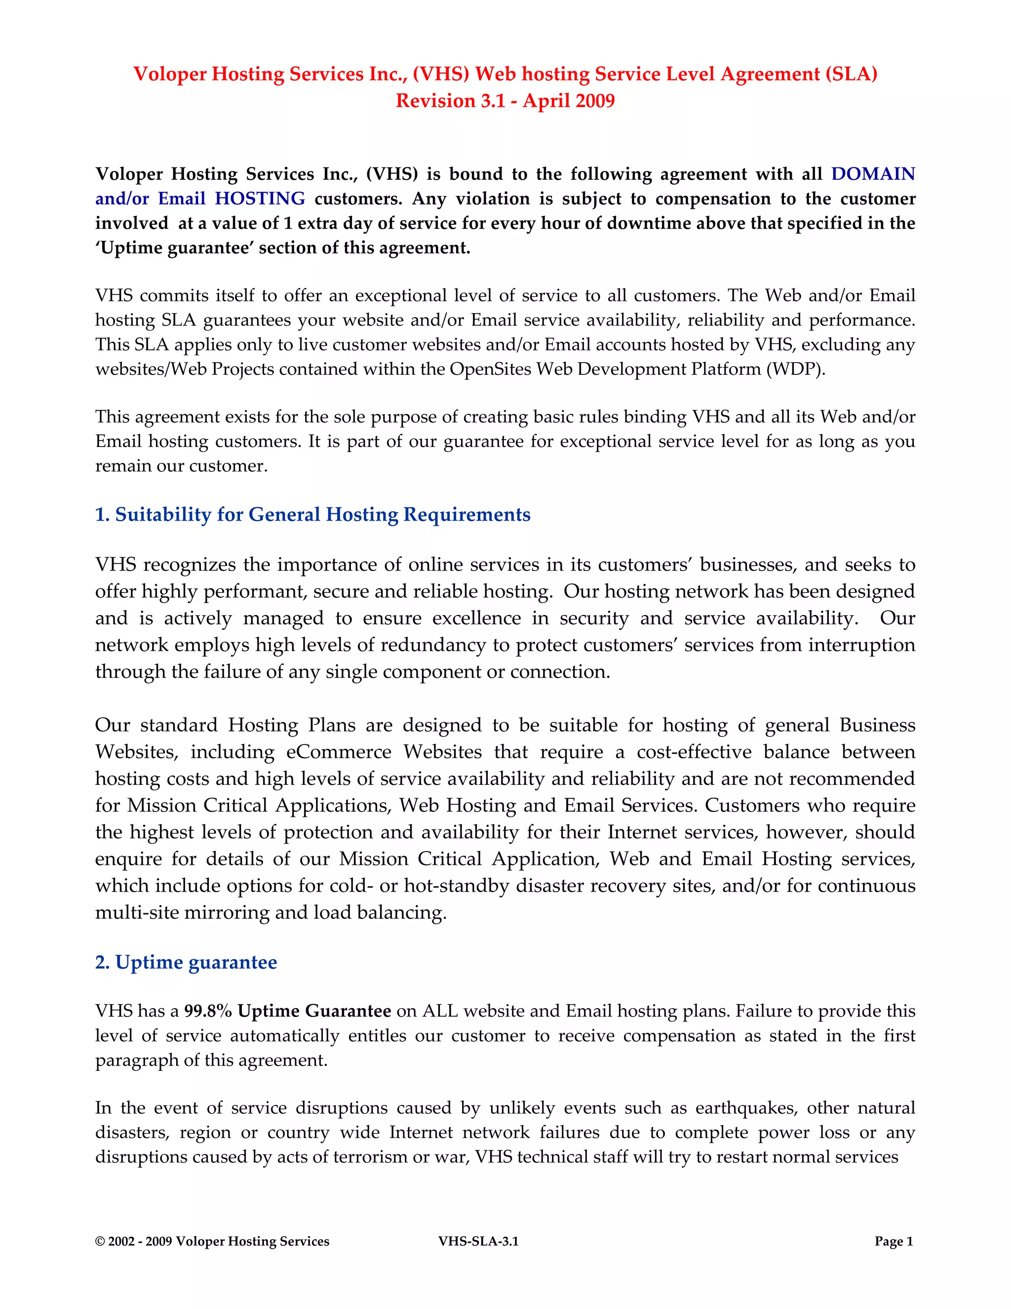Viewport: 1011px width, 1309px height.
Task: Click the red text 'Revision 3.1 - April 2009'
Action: tap(505, 101)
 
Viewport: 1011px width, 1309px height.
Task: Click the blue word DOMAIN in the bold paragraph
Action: tap(873, 174)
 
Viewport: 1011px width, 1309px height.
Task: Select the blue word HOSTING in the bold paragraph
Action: tap(260, 199)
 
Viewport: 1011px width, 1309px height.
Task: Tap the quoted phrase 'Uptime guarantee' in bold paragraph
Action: tap(174, 247)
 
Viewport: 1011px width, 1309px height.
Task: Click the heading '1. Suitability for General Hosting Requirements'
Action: tap(312, 514)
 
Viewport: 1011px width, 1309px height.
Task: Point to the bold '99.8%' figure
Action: tap(207, 1011)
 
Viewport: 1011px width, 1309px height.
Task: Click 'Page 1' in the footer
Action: tap(894, 1241)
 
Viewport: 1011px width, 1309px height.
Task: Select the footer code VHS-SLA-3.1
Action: tap(478, 1241)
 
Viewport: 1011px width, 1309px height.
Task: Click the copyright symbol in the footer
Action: tap(100, 1241)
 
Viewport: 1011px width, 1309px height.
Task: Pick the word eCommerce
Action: tap(338, 752)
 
